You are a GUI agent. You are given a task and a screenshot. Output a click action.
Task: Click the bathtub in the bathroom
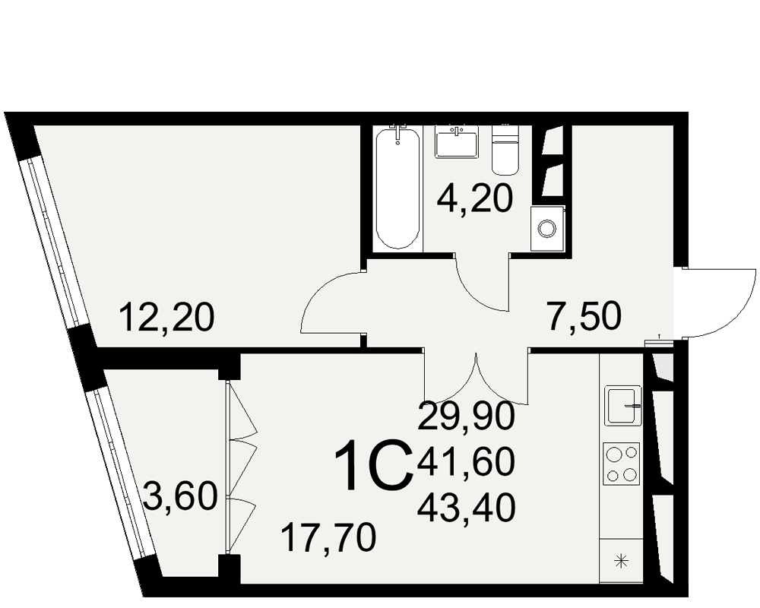click(x=398, y=188)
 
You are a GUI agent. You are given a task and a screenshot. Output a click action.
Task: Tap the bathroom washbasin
click(x=457, y=141)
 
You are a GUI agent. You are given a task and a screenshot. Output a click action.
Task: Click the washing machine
click(x=547, y=228)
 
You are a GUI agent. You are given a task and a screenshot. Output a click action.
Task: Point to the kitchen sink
click(x=623, y=405)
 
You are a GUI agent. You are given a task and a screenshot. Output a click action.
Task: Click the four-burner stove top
click(x=622, y=464)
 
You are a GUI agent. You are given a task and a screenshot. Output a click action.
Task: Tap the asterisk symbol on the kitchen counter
click(x=621, y=562)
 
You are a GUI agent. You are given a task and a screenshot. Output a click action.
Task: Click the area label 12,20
click(x=166, y=317)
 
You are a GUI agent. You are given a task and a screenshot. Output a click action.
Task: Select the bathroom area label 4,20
click(x=474, y=199)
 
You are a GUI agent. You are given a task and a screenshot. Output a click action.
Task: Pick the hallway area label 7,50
click(x=584, y=315)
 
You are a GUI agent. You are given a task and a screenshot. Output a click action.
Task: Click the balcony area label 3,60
click(x=180, y=496)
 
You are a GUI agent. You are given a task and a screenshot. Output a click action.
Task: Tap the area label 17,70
click(x=329, y=537)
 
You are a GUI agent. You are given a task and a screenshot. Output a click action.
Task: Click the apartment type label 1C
click(x=373, y=465)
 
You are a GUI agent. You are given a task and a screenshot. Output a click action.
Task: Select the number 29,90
click(x=466, y=416)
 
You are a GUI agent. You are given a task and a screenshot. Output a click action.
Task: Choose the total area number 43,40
click(x=466, y=508)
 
